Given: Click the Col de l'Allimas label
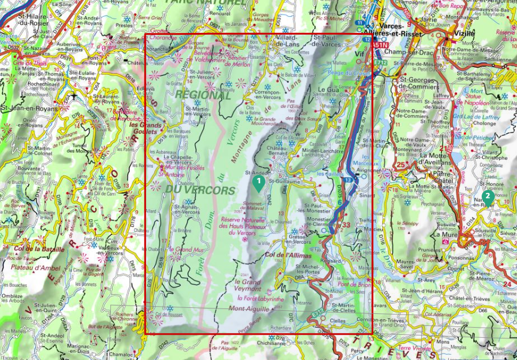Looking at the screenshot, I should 286,255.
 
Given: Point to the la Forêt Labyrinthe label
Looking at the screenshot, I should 260,298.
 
